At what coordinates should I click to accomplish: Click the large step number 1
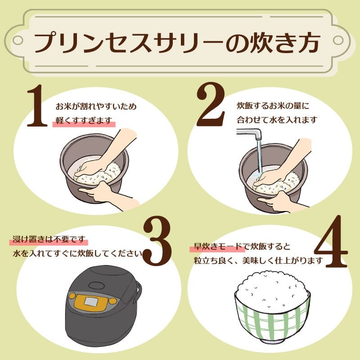37,106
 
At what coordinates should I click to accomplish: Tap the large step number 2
211,104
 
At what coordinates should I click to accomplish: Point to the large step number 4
331,242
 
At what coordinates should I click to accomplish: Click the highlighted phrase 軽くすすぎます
84,120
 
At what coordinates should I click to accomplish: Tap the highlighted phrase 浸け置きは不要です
49,239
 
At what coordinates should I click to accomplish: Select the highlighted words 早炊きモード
218,247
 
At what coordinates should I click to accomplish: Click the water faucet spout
250,134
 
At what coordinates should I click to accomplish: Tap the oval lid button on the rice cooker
97,285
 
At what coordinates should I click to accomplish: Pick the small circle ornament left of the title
18,40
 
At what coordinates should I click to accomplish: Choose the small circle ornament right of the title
338,40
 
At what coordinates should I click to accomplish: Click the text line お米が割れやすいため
96,107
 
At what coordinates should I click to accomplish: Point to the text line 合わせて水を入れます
277,120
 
